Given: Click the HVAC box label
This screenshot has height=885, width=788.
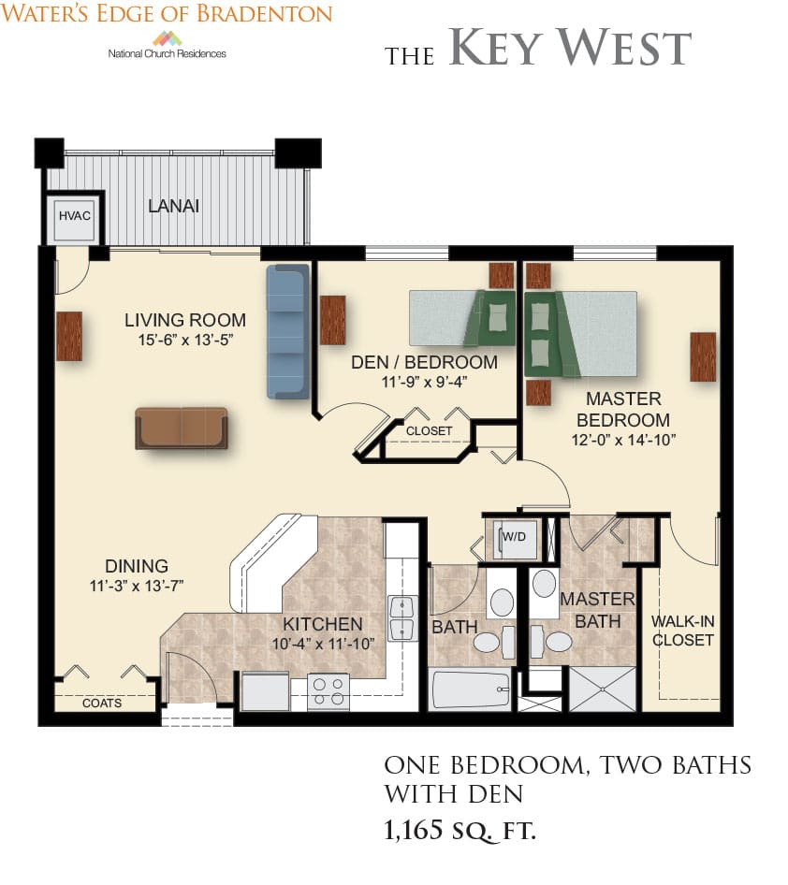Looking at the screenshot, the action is tap(75, 215).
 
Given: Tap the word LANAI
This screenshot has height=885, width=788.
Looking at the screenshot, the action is tap(173, 206).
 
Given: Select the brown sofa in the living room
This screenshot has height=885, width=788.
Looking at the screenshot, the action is tap(182, 428).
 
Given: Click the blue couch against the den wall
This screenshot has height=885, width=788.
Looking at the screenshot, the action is tap(288, 332).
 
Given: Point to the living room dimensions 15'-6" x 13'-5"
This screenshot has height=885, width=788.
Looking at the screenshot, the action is tap(185, 340).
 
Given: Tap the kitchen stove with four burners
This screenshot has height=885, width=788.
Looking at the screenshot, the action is tap(328, 690).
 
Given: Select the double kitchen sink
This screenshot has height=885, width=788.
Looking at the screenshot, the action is tap(403, 618).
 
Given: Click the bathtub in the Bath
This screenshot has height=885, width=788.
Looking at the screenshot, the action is tap(471, 689).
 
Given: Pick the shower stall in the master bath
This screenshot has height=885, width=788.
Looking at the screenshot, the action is tap(603, 689).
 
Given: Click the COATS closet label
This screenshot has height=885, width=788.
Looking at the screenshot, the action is tap(102, 704).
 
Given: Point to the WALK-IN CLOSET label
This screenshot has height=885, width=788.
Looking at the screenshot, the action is tap(683, 631).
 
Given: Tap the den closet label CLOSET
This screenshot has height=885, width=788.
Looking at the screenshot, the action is tap(429, 430).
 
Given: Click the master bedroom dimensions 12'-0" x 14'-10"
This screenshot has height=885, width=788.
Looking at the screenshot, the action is tap(623, 440).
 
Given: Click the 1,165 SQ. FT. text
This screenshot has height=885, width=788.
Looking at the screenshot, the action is tap(460, 830).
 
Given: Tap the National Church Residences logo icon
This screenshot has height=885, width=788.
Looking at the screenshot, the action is tap(168, 39).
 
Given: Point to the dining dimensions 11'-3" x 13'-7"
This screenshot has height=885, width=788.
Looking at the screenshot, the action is tap(137, 586).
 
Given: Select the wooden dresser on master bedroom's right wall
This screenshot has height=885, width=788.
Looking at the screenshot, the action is tap(703, 356).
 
